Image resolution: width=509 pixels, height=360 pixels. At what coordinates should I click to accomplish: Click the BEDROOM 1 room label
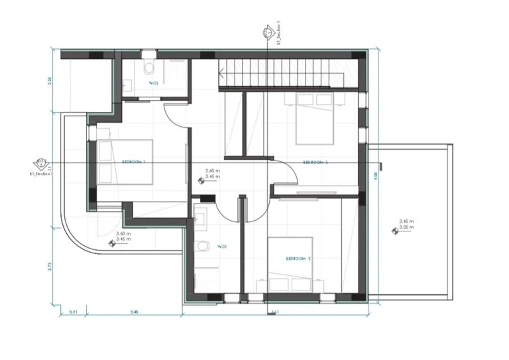(134, 161)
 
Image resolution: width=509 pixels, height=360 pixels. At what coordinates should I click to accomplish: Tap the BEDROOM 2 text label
(299, 258)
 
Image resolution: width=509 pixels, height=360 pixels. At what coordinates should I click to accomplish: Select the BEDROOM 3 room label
(316, 162)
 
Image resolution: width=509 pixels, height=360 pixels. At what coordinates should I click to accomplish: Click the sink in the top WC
(127, 84)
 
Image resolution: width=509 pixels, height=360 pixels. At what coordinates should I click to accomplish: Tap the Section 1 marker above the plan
(266, 31)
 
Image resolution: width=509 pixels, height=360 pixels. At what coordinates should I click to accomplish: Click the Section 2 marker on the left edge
(40, 162)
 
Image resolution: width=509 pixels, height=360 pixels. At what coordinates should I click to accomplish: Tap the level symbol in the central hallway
(201, 178)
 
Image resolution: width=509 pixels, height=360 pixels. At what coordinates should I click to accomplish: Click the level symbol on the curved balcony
(111, 244)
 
